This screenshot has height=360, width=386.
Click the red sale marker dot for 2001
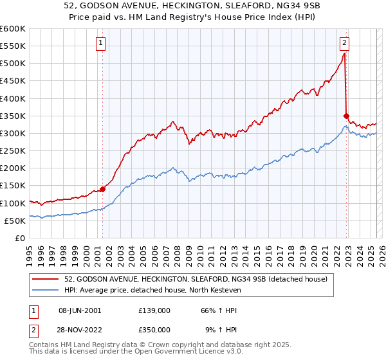pyautogui.click(x=102, y=189)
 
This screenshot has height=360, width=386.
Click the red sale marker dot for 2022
pyautogui.click(x=346, y=116)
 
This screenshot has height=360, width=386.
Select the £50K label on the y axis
pyautogui.click(x=15, y=221)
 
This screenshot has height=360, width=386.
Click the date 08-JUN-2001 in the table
pyautogui.click(x=79, y=310)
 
